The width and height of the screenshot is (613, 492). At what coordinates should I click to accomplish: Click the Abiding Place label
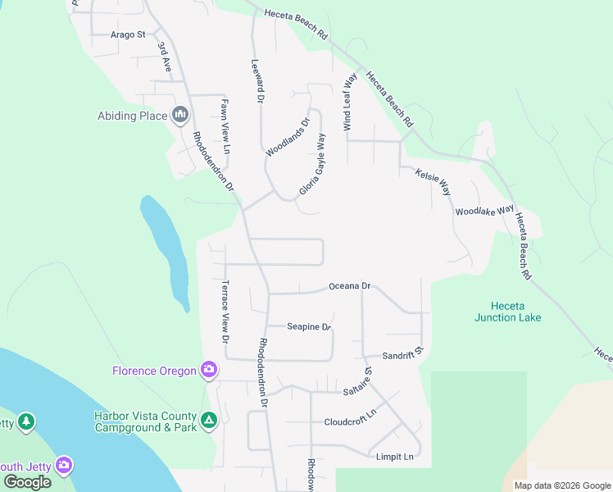(x=132, y=116)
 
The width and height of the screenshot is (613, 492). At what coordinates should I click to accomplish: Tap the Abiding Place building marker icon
(x=180, y=116)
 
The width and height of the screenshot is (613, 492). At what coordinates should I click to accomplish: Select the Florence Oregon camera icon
(x=209, y=371)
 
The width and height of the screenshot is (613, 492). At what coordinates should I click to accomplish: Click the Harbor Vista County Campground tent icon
(x=209, y=421)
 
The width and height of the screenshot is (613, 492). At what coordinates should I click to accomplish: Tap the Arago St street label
(x=128, y=34)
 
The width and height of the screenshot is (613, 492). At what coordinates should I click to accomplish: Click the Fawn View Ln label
(x=224, y=127)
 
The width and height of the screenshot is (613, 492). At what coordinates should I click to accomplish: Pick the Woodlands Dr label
(x=288, y=137)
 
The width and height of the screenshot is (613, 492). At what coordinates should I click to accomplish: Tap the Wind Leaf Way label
(x=349, y=102)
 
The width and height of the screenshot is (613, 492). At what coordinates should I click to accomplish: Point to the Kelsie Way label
(x=434, y=182)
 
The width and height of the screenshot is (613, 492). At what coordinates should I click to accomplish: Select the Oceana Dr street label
(x=350, y=286)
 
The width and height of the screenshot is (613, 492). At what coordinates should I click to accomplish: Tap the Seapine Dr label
(x=308, y=326)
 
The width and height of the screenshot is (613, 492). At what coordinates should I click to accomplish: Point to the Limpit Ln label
(x=395, y=456)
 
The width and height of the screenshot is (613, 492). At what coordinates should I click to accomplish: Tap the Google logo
(x=27, y=482)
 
